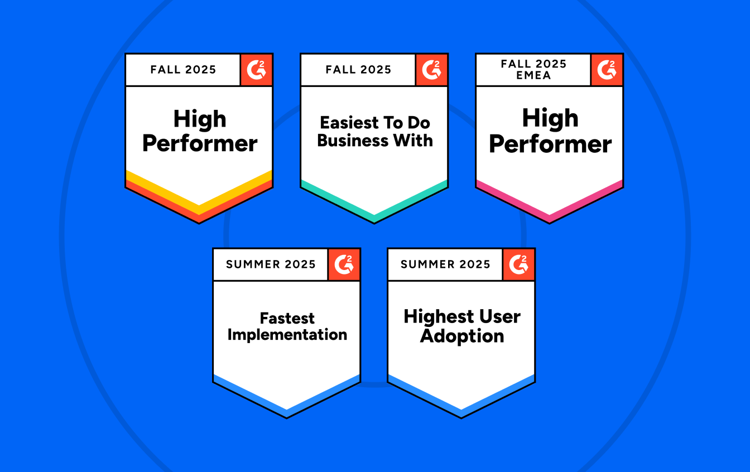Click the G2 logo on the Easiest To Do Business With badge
click(x=431, y=70)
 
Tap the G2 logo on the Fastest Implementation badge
click(x=344, y=264)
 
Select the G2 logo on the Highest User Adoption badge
click(x=518, y=264)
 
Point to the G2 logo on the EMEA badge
click(x=607, y=70)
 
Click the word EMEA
click(x=533, y=75)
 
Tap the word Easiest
click(x=345, y=123)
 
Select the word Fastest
click(x=287, y=319)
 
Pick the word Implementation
click(x=287, y=335)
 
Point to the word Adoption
click(x=462, y=336)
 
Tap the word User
click(x=497, y=317)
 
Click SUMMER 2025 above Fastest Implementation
click(x=271, y=264)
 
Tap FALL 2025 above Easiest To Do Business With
click(x=358, y=70)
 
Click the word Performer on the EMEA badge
click(x=550, y=145)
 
